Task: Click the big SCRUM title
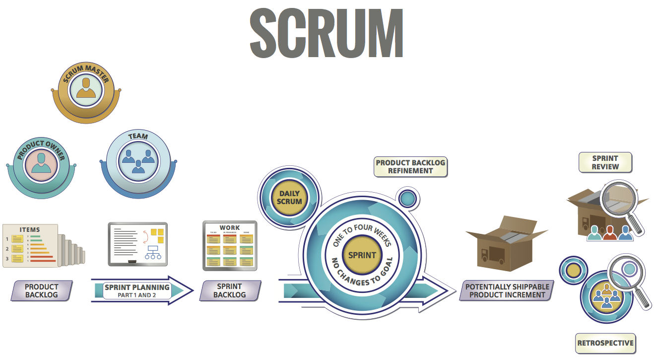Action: (x=326, y=34)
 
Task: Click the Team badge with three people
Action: (x=137, y=158)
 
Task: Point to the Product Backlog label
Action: (x=42, y=291)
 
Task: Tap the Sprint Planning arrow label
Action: (x=137, y=290)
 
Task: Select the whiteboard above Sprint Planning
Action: (x=138, y=244)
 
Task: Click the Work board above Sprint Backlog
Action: (x=230, y=246)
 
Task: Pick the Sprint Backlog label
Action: (x=230, y=291)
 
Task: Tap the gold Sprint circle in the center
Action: (x=362, y=255)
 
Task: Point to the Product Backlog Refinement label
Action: (x=410, y=167)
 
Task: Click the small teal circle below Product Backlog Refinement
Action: (x=407, y=199)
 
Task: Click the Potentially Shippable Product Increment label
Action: (x=507, y=291)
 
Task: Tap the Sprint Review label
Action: (x=605, y=162)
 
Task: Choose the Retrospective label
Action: (x=605, y=343)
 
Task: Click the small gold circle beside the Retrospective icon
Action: (x=573, y=271)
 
